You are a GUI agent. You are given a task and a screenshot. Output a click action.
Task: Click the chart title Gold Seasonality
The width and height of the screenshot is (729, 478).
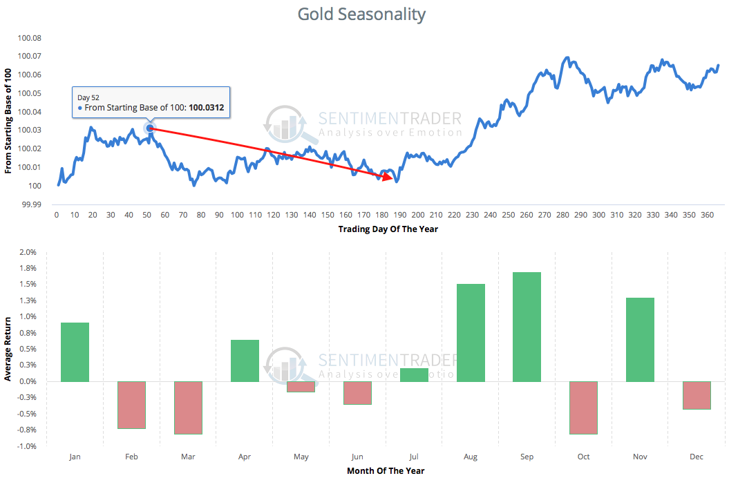pyautogui.click(x=361, y=14)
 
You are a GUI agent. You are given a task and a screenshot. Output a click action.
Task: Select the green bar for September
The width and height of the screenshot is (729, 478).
pyautogui.click(x=527, y=327)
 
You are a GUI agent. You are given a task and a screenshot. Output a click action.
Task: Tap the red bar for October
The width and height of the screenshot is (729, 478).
pyautogui.click(x=583, y=408)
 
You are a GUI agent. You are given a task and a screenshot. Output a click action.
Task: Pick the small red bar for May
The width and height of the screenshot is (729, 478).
pyautogui.click(x=301, y=387)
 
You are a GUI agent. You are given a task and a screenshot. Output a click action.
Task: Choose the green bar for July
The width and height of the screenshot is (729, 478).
pyautogui.click(x=414, y=375)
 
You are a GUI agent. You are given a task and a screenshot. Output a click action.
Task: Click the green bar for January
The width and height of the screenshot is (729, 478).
pyautogui.click(x=75, y=352)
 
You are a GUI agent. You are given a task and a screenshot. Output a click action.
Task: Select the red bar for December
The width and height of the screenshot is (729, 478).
pyautogui.click(x=697, y=395)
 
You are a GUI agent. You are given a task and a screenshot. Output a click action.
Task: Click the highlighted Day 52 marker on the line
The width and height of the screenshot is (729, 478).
pyautogui.click(x=150, y=128)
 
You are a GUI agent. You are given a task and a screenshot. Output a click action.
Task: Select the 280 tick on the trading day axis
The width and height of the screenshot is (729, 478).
pyautogui.click(x=562, y=216)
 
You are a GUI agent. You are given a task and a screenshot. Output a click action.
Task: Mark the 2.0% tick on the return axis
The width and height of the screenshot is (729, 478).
pyautogui.click(x=27, y=252)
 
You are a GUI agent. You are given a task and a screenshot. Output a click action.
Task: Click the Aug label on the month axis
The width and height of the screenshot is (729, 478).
pyautogui.click(x=471, y=457)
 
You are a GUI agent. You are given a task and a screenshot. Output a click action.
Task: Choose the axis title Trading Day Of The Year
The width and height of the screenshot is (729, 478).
pyautogui.click(x=388, y=229)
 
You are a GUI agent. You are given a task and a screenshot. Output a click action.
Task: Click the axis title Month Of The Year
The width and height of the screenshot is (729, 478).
pyautogui.click(x=386, y=470)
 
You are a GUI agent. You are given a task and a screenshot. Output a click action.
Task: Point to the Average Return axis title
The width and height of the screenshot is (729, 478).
pyautogui.click(x=8, y=349)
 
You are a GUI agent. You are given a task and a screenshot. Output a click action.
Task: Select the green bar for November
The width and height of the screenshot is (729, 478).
pyautogui.click(x=640, y=340)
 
